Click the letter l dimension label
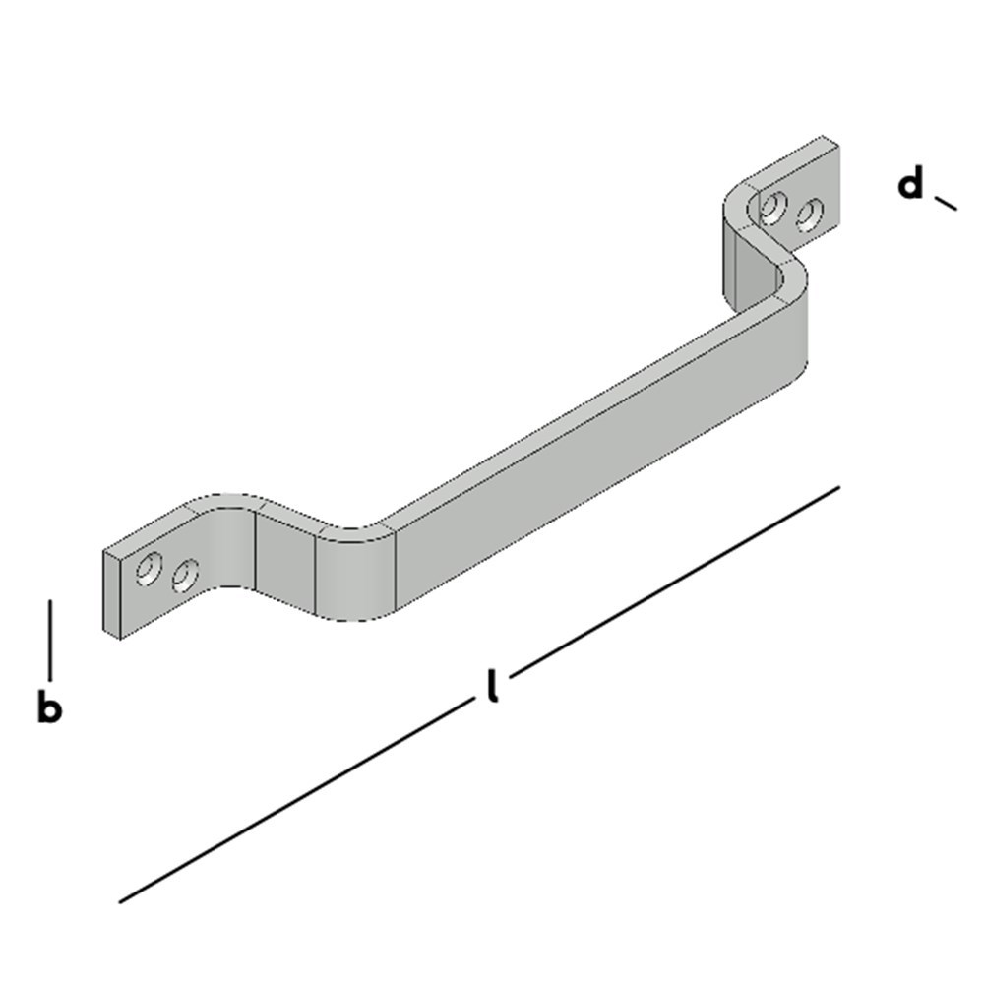pos(492,686)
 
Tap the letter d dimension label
pos(912,184)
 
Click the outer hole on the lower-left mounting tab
pos(150,568)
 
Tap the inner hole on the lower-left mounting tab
pos(184,575)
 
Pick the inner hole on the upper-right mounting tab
pos(773,208)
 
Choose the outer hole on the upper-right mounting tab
pos(810,214)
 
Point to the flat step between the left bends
pos(285,561)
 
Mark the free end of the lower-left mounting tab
pos(112,595)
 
